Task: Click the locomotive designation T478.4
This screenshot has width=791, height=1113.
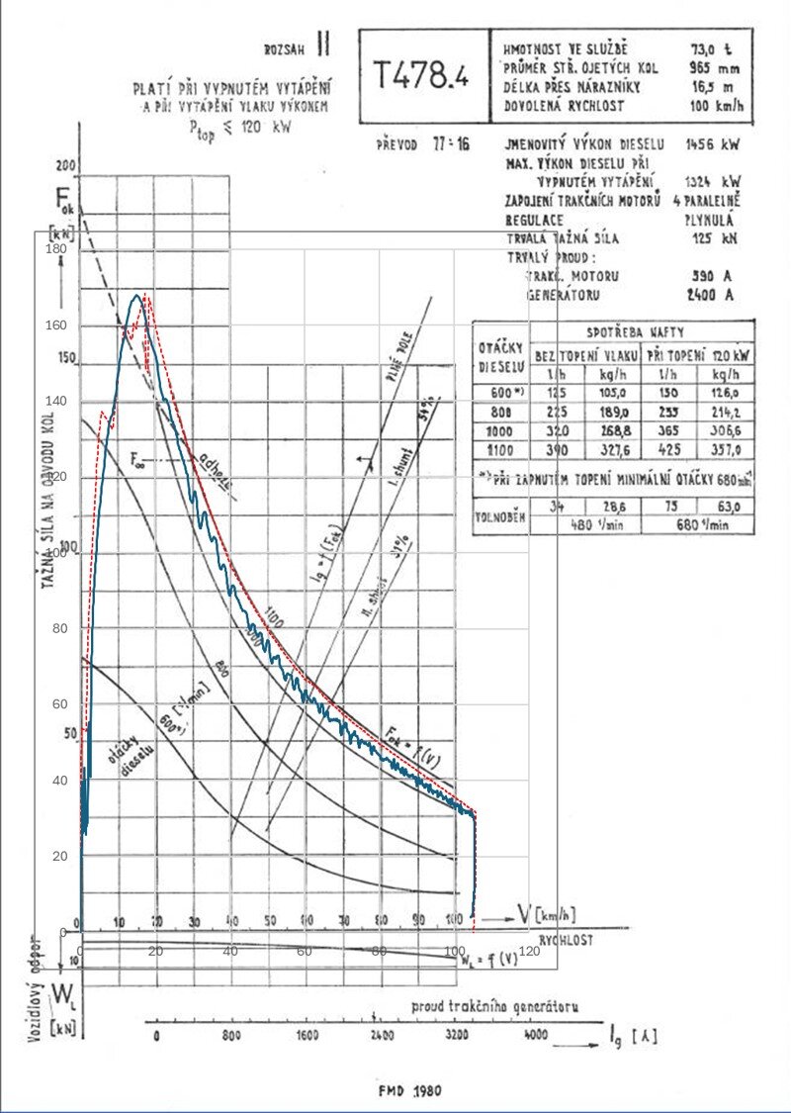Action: (420, 73)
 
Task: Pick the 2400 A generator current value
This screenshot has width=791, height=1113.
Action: (709, 295)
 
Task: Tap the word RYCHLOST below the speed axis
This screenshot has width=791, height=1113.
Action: (566, 940)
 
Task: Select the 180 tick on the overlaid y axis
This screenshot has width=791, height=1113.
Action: (55, 249)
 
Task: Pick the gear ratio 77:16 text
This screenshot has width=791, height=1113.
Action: (450, 144)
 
